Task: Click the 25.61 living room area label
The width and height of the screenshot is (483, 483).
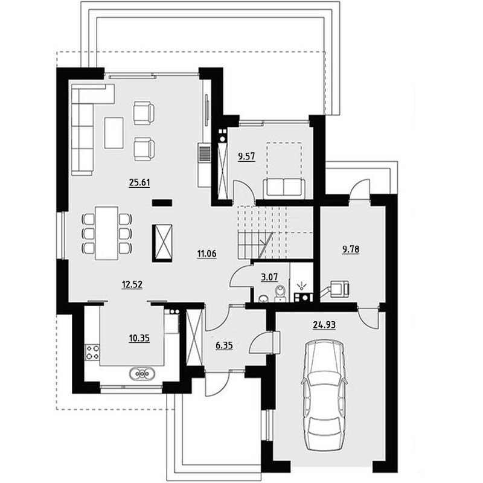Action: point(139,182)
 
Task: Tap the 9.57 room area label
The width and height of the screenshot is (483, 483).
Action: point(246,156)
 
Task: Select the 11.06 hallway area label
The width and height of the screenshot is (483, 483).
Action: point(206,254)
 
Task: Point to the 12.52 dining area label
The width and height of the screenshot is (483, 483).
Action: point(132,284)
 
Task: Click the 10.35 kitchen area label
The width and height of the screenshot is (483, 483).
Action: point(139,338)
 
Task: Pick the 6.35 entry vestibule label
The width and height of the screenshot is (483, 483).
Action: point(224,345)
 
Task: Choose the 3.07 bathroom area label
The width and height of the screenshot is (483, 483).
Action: point(269,277)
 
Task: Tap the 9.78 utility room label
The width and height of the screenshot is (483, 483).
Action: point(351,249)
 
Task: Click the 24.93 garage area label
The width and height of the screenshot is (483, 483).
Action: point(324,325)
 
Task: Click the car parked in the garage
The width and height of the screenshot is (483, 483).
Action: point(324,395)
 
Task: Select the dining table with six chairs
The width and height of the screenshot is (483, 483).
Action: point(107,233)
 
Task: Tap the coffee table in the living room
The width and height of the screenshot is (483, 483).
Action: point(114,133)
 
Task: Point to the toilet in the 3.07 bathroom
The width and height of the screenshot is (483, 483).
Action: point(280,293)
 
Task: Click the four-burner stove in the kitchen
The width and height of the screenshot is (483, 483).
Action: point(92,352)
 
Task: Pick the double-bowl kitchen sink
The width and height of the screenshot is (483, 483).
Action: point(142,374)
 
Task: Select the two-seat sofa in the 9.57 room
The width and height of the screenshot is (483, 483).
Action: point(284,188)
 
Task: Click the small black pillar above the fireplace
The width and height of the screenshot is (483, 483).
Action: point(162,202)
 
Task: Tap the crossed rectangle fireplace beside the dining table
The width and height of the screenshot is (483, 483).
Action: point(162,243)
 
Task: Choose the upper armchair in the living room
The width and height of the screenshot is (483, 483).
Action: point(144,113)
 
